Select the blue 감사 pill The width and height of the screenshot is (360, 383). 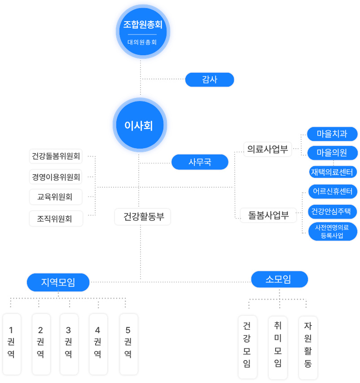(x=210, y=79)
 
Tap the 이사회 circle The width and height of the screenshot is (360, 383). (x=139, y=126)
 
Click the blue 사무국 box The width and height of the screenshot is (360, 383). (x=200, y=162)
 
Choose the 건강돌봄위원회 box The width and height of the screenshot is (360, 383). (x=56, y=156)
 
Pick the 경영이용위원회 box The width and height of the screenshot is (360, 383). (x=56, y=177)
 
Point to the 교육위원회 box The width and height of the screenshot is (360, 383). (x=56, y=197)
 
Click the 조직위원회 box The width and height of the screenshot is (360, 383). (x=56, y=219)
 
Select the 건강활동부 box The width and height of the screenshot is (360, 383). (x=143, y=217)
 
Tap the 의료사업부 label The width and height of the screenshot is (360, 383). (x=268, y=150)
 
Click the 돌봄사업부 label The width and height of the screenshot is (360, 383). (x=268, y=215)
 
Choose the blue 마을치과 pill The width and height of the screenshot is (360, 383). (x=332, y=134)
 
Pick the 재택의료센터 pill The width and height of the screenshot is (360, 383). (x=332, y=172)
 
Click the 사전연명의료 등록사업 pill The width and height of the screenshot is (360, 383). (x=332, y=231)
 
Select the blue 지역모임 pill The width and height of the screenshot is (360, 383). (x=58, y=282)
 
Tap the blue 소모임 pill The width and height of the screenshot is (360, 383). (x=279, y=279)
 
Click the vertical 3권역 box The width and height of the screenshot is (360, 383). (x=69, y=343)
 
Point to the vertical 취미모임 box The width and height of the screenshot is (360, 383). (x=277, y=348)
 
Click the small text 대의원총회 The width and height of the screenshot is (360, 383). (x=142, y=43)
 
